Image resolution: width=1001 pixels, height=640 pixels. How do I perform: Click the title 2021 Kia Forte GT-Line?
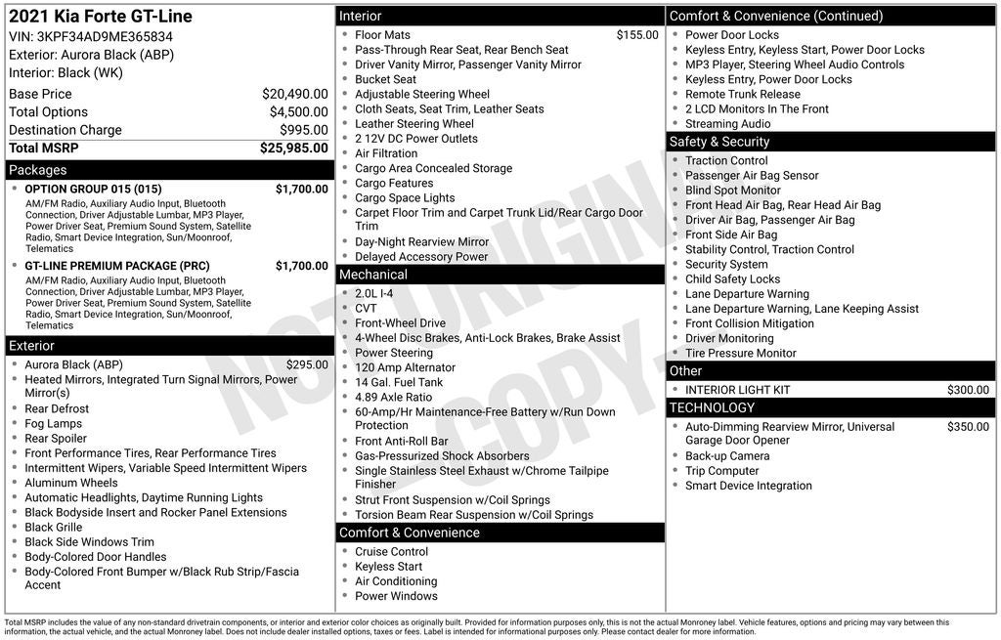tap(101, 17)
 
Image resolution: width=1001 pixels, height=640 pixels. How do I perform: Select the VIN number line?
tap(91, 36)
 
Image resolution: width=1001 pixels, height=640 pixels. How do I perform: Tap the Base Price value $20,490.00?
tap(294, 94)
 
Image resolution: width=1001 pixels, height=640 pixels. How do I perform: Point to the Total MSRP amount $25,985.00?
tap(293, 149)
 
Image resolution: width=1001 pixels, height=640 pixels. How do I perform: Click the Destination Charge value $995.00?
tap(303, 130)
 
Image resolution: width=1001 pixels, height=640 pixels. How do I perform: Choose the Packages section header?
tap(38, 170)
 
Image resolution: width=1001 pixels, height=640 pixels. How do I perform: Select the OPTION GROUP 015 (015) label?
tap(93, 189)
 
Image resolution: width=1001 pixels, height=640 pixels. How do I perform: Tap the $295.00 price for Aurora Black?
tap(307, 364)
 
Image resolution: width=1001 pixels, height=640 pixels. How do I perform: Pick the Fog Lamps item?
tap(54, 424)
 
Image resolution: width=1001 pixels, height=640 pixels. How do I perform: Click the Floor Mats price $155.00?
tap(637, 35)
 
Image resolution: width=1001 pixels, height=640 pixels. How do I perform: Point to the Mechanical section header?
tap(373, 275)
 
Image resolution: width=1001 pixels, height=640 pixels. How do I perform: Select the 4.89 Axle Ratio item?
tap(393, 398)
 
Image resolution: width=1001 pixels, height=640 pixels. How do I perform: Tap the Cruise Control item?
tap(391, 552)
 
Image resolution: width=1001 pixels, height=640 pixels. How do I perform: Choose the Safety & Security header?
tap(719, 142)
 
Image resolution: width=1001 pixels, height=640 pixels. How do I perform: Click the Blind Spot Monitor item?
tap(732, 191)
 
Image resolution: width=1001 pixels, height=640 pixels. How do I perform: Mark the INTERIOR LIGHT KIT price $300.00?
tap(968, 390)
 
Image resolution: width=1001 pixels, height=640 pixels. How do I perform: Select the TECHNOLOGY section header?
tap(712, 407)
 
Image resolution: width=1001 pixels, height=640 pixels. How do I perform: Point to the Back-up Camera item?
tap(727, 456)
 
